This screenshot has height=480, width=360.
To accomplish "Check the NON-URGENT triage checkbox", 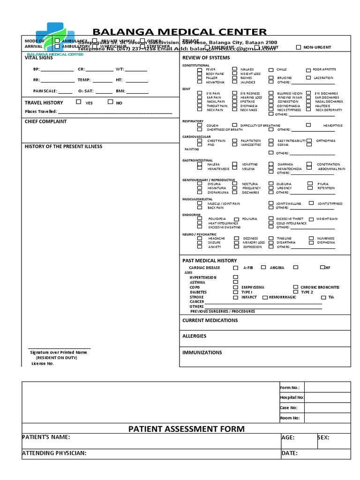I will (x=299, y=47).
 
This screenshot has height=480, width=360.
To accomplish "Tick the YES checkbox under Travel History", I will (x=78, y=102).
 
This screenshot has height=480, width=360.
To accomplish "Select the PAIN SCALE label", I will (x=45, y=91).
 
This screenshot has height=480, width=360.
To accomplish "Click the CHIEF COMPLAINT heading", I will (x=45, y=121).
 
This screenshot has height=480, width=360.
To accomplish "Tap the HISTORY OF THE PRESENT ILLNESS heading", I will (x=63, y=146).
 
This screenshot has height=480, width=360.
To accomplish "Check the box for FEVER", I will (x=200, y=69).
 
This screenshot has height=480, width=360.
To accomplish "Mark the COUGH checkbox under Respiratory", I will (x=200, y=125).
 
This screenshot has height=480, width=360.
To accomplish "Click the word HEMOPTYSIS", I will (x=333, y=126).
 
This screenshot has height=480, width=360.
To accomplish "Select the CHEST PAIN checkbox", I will (x=200, y=140).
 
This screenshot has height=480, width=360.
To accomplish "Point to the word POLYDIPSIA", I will (x=217, y=219).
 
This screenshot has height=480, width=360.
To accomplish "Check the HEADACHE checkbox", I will (x=200, y=238).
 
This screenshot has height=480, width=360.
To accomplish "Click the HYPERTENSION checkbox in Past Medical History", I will (x=235, y=277).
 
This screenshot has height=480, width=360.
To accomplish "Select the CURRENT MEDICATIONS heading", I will (x=210, y=321).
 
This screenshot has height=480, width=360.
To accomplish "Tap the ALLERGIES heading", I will (x=194, y=336).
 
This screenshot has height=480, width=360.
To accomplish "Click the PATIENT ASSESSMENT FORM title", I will (x=187, y=429).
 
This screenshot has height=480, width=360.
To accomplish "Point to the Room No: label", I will (x=289, y=418).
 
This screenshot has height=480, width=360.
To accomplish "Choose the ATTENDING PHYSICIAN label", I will (x=54, y=453).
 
